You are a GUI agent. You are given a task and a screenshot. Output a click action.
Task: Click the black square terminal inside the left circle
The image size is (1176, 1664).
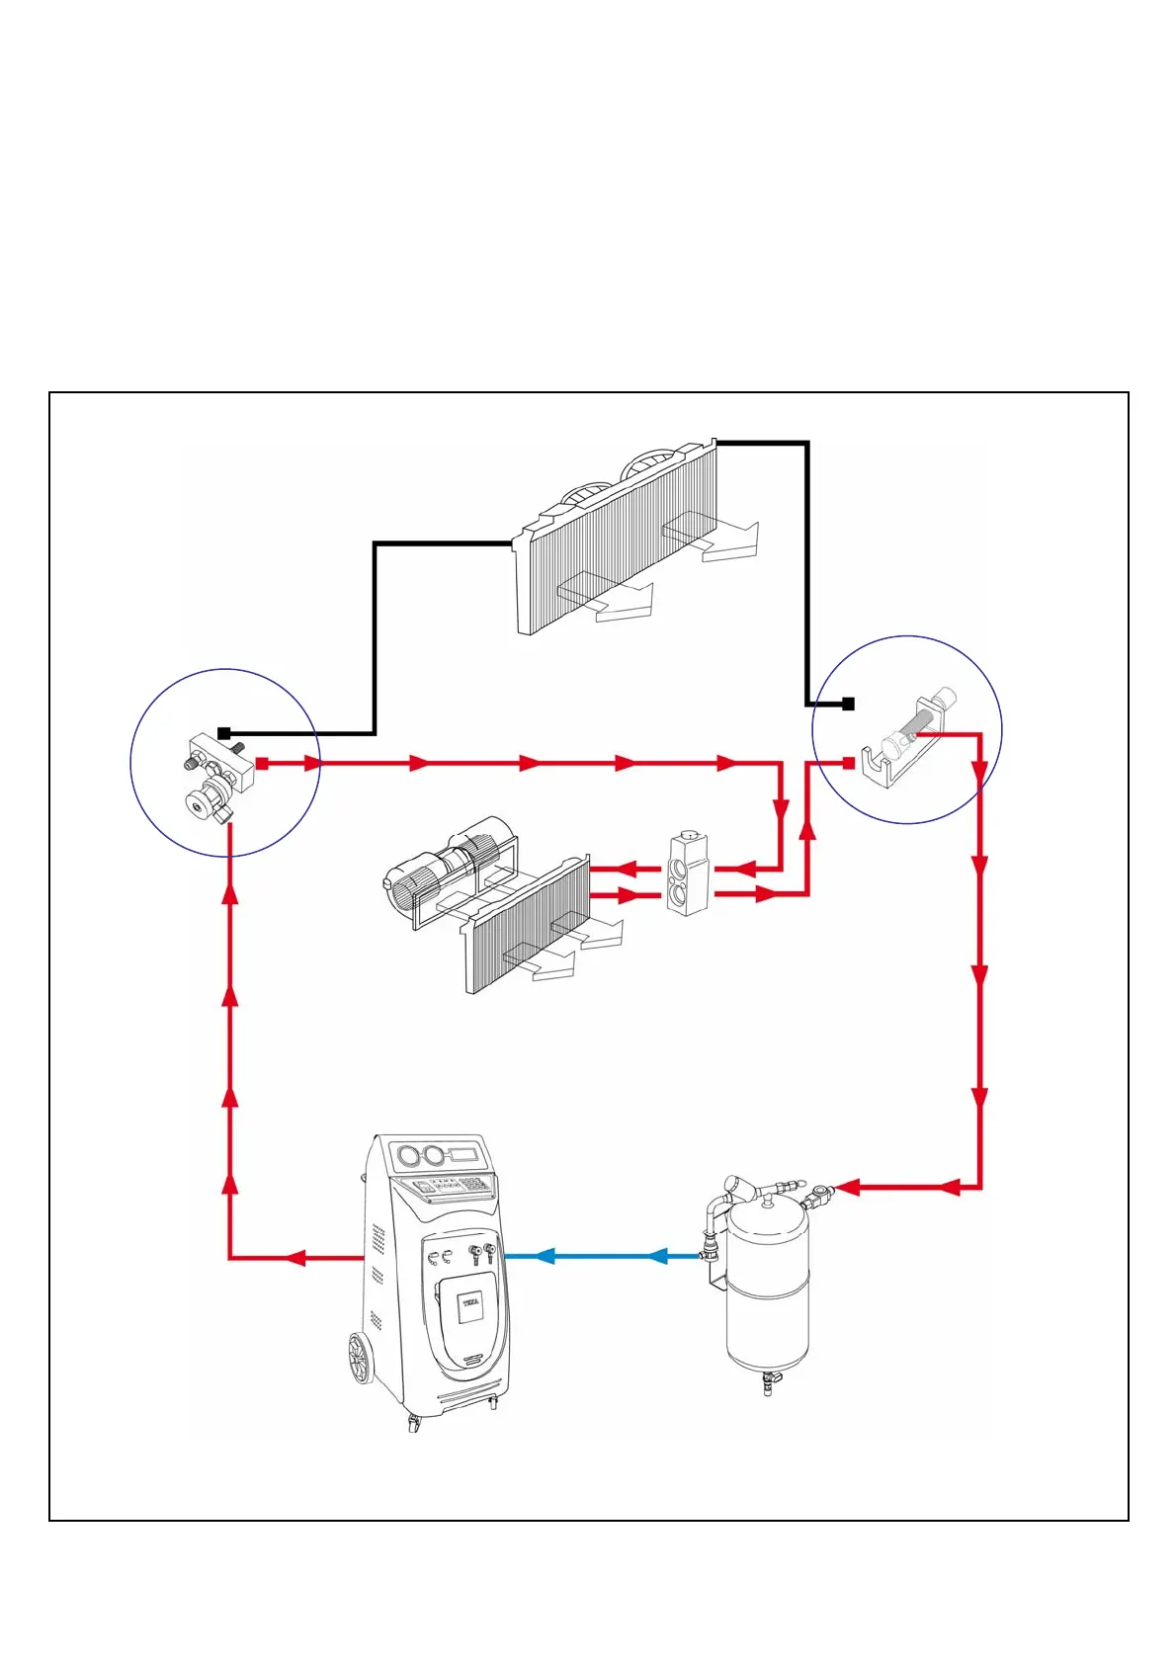pyautogui.click(x=224, y=733)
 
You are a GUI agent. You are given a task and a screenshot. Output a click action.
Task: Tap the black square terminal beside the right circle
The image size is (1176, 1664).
pyautogui.click(x=848, y=704)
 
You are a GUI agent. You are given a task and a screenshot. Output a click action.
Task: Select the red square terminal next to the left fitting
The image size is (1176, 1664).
pyautogui.click(x=262, y=763)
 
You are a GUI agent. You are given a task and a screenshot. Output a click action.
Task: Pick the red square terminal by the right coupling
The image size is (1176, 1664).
pyautogui.click(x=848, y=763)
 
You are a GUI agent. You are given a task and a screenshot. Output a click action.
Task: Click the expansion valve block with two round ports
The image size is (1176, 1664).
pyautogui.click(x=687, y=874)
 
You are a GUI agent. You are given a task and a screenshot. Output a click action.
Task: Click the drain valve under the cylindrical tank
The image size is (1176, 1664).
pyautogui.click(x=768, y=1382)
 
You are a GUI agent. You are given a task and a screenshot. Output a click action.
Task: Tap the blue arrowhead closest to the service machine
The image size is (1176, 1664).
pyautogui.click(x=543, y=1256)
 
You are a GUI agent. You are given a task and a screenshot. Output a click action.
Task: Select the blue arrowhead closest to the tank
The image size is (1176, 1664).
pyautogui.click(x=658, y=1256)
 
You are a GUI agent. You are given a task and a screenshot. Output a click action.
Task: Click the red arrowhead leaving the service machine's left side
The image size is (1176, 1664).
pyautogui.click(x=295, y=1258)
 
